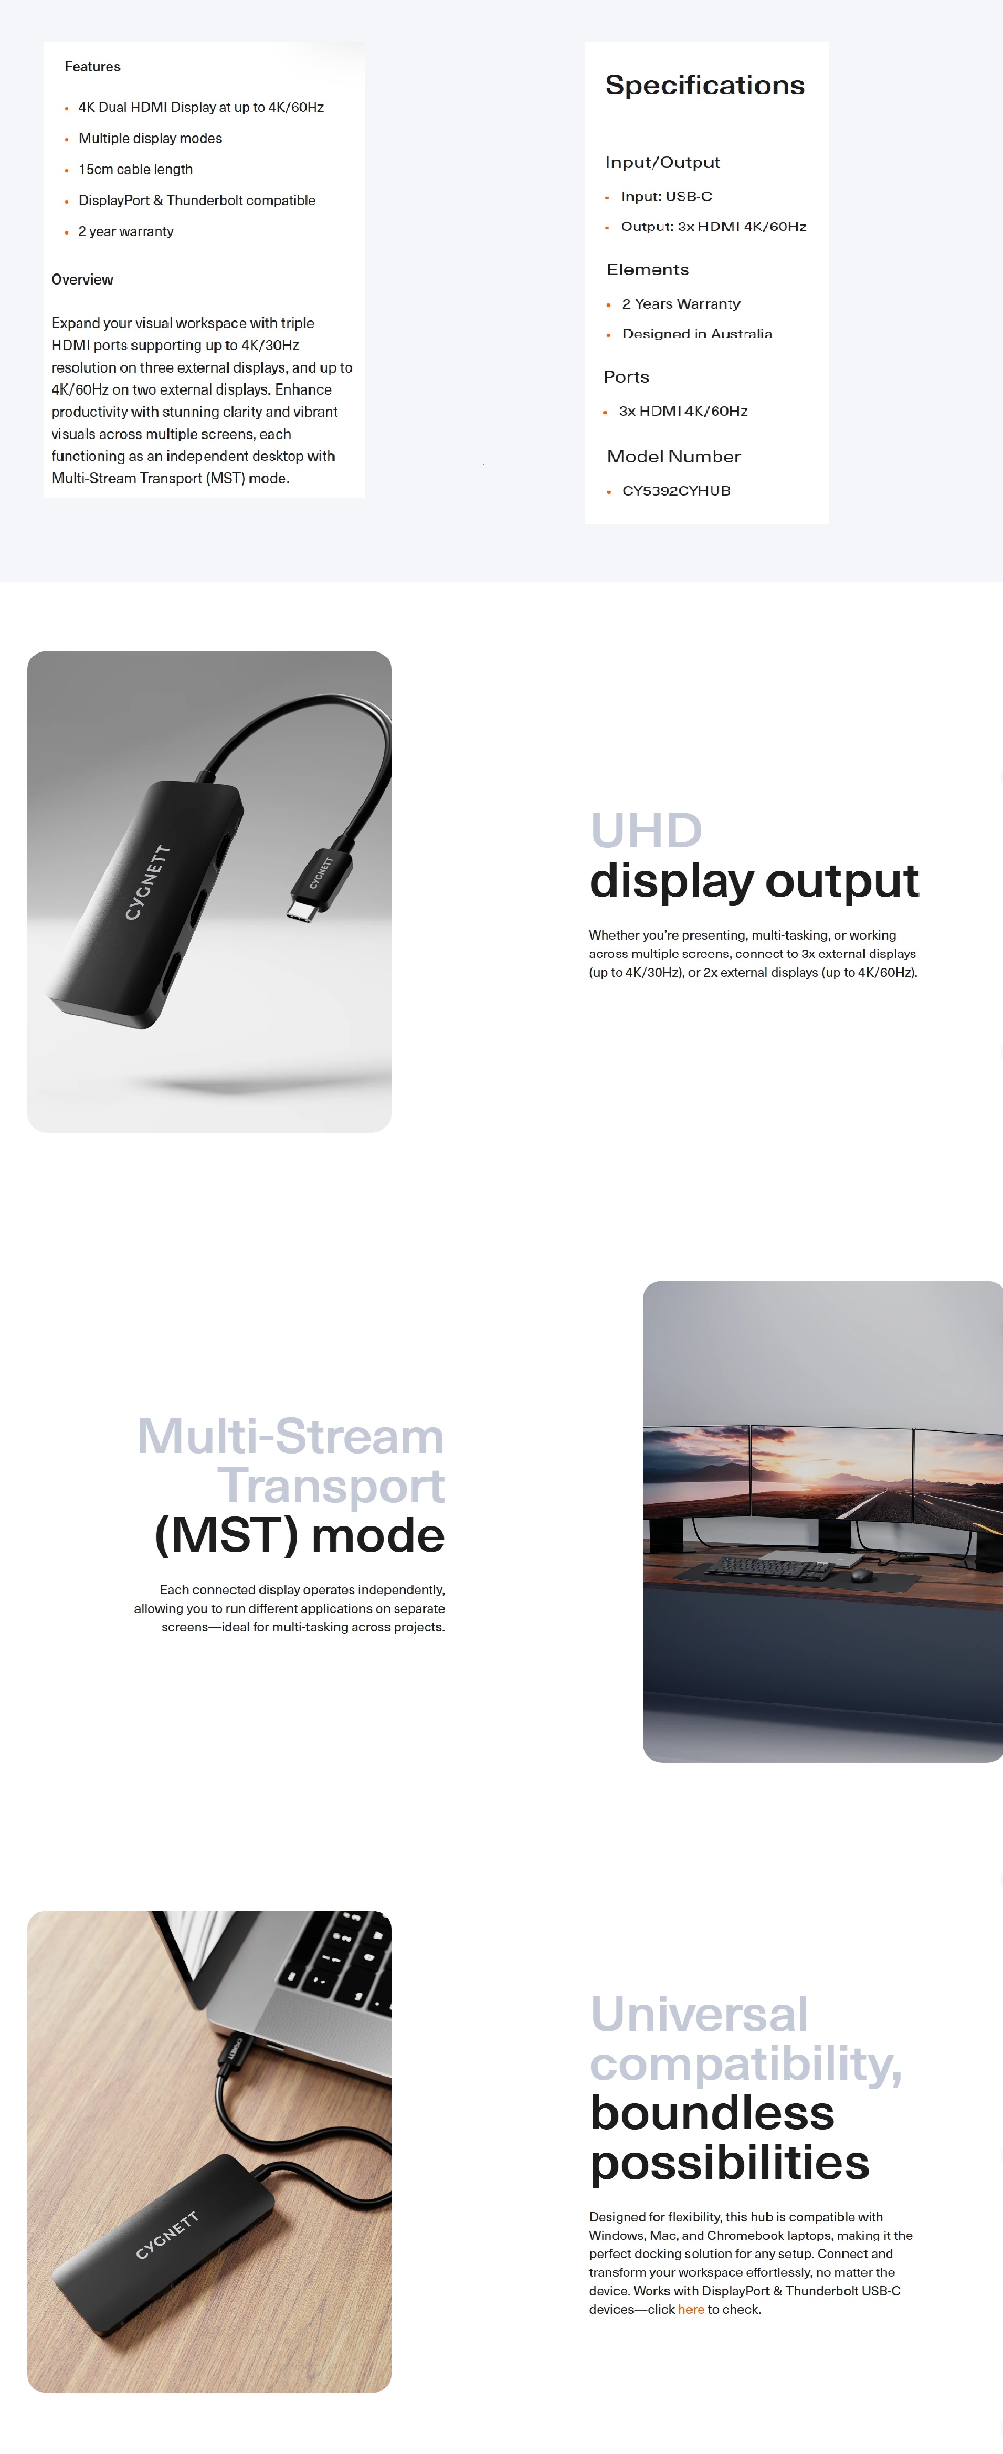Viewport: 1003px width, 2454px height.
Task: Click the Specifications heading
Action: [705, 86]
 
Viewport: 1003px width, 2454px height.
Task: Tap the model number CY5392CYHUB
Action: [677, 491]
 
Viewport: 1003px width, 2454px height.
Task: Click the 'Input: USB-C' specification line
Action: [666, 196]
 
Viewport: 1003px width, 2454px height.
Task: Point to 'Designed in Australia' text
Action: [696, 333]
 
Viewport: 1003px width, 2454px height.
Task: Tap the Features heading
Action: [92, 67]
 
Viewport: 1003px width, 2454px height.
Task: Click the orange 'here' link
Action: [691, 2309]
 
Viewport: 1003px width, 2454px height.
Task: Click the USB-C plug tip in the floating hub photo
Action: [300, 911]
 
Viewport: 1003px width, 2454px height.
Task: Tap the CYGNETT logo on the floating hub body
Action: [147, 882]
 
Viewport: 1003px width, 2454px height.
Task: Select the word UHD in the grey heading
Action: [646, 831]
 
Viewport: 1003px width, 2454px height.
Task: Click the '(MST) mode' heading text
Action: [299, 1536]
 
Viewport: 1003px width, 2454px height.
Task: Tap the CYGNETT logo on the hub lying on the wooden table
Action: [167, 2235]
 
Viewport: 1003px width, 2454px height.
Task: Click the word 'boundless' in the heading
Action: [712, 2113]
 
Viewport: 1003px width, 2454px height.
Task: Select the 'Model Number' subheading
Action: [673, 456]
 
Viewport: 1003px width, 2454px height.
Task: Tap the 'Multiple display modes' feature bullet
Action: [150, 138]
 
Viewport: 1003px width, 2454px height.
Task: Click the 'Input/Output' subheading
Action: [662, 162]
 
